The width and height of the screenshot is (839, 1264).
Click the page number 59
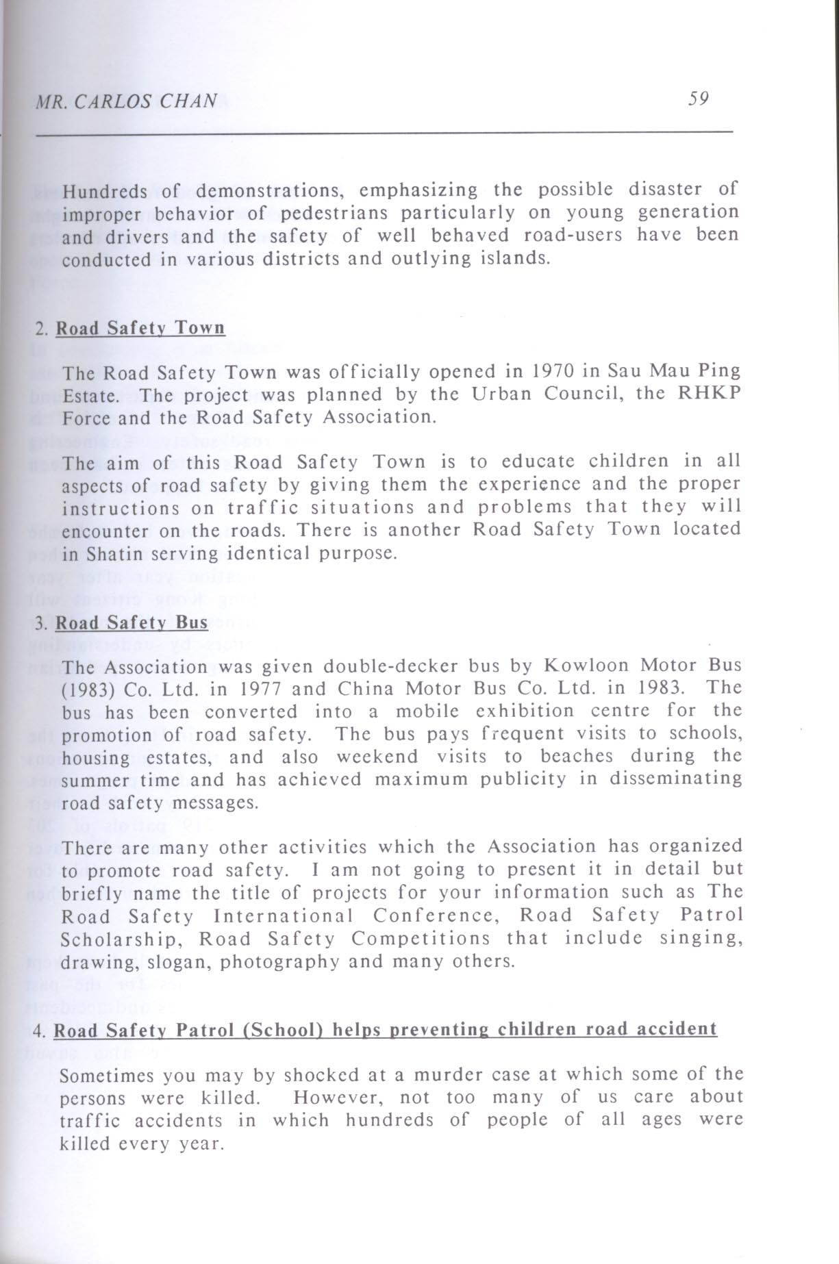[x=698, y=99]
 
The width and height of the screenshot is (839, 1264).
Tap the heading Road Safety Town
[x=140, y=328]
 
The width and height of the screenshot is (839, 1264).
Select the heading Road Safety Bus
[x=132, y=623]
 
